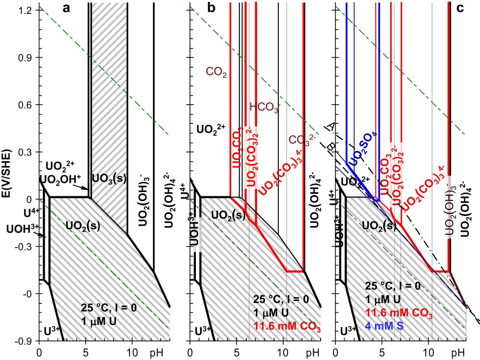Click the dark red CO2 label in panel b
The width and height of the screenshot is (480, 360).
pos(216,73)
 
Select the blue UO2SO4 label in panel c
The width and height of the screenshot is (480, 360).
pos(364,149)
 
